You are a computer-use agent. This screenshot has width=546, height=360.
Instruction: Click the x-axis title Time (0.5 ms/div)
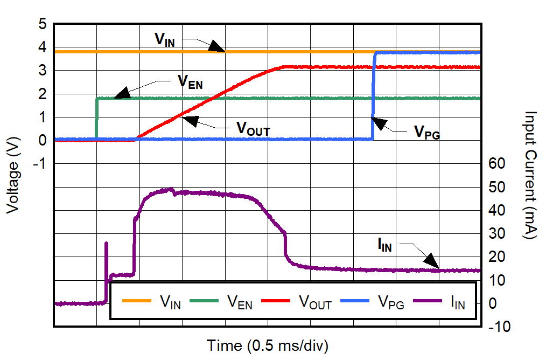268,345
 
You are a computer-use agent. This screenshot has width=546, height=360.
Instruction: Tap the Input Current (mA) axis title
530,176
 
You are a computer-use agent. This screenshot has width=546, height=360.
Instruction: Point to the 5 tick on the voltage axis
43,24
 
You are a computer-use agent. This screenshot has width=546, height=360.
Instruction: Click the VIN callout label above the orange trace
164,39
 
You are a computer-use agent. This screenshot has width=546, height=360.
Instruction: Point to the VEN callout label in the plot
190,82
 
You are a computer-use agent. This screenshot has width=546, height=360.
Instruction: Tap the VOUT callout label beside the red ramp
253,129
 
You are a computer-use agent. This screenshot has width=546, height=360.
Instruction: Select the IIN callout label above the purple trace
384,246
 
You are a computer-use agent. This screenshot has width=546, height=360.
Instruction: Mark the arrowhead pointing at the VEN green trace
122,94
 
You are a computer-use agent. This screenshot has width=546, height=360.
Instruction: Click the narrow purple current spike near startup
106,253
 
